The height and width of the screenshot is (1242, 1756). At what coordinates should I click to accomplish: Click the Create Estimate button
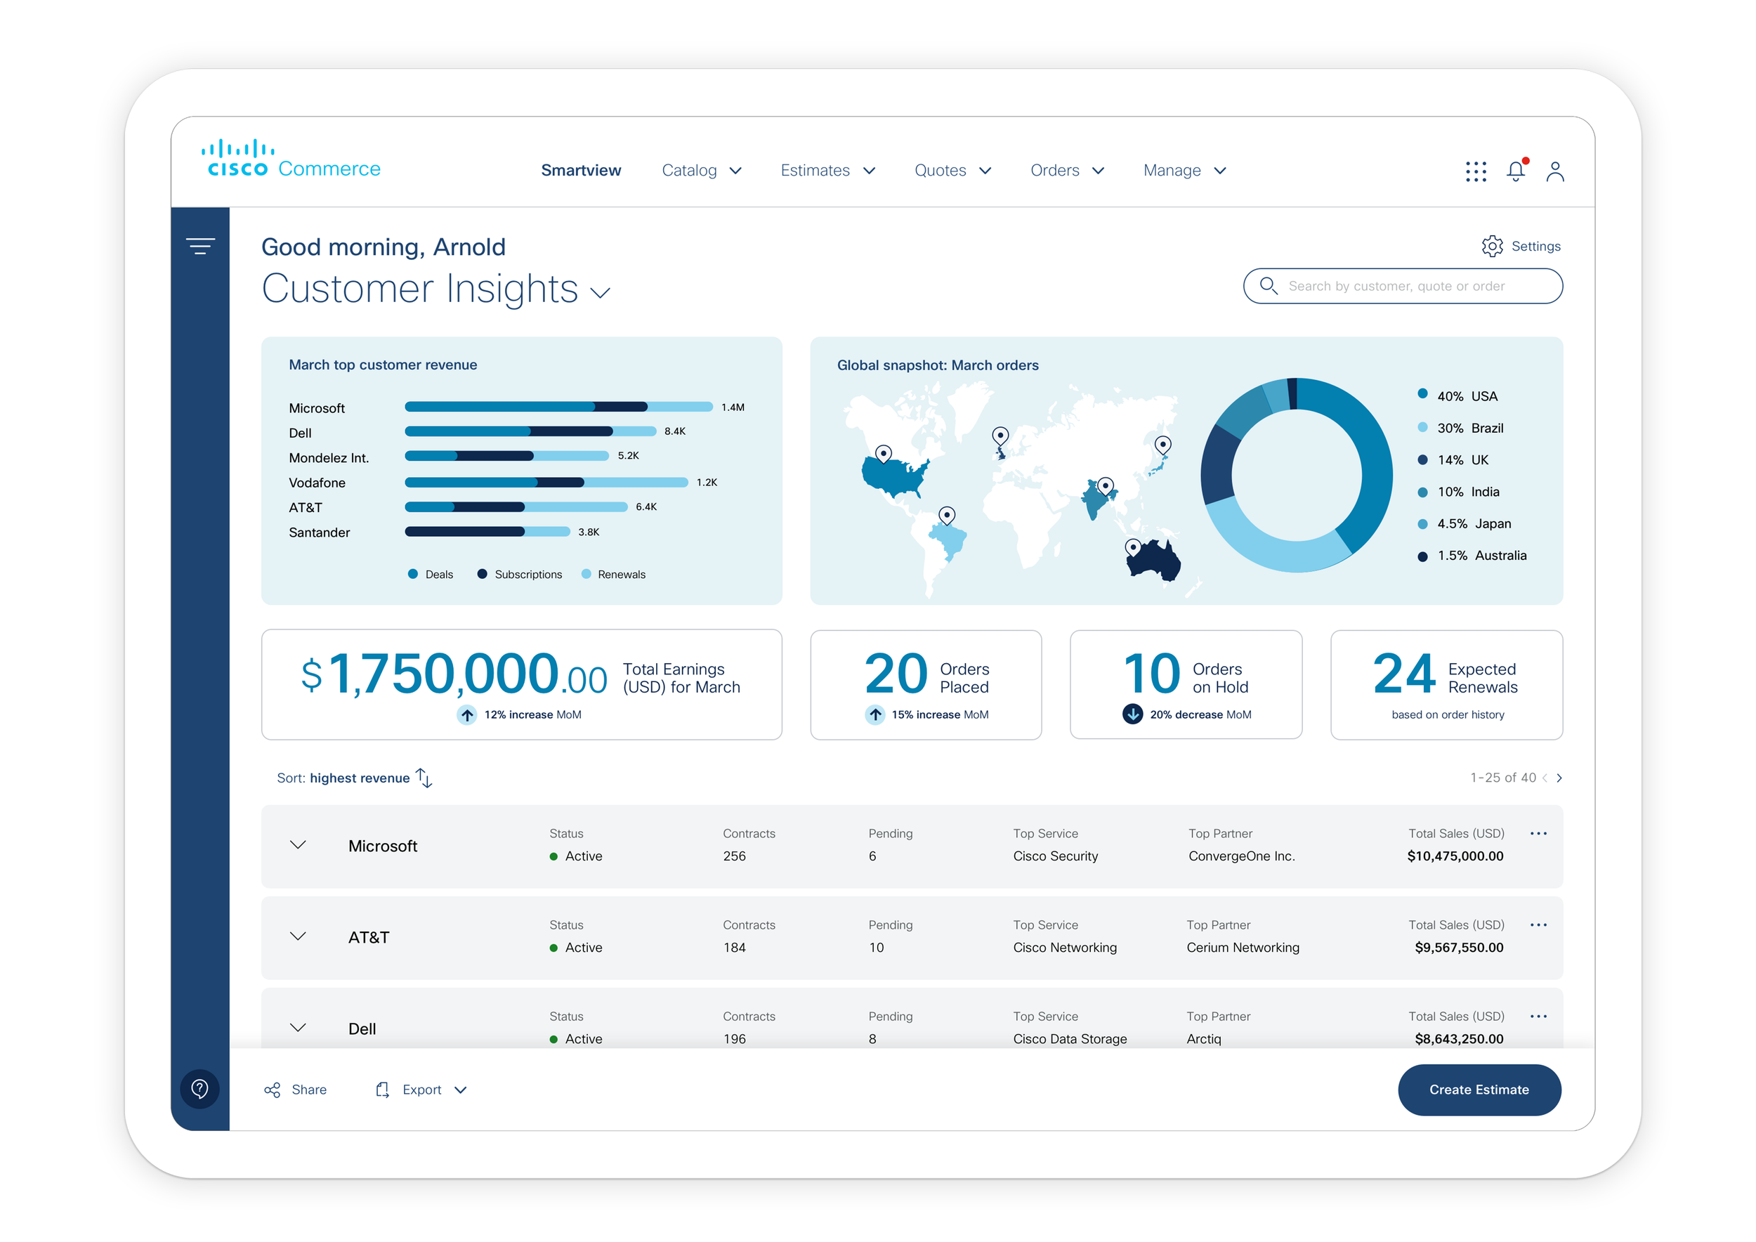(x=1479, y=1089)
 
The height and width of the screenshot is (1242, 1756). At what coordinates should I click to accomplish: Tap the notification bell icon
(x=1515, y=171)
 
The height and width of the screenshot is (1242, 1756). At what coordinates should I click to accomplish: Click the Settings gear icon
(x=1491, y=247)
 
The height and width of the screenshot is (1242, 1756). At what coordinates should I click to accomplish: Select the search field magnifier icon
(x=1268, y=286)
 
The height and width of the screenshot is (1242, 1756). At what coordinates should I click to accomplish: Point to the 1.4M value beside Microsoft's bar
(x=733, y=407)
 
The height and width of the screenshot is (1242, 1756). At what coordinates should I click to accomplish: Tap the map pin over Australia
(x=1134, y=547)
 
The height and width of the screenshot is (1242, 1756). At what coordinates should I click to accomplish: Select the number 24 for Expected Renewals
(x=1403, y=674)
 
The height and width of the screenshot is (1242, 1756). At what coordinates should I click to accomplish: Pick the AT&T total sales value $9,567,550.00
(x=1458, y=948)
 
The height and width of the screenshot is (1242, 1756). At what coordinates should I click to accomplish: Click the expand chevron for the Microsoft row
(x=299, y=845)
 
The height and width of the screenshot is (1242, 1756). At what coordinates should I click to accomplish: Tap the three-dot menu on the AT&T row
(x=1538, y=924)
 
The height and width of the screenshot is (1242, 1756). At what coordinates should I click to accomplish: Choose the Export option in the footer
(x=421, y=1090)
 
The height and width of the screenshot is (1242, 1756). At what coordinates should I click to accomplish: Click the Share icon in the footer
(x=273, y=1090)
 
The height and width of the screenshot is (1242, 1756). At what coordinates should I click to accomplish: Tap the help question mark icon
(x=199, y=1088)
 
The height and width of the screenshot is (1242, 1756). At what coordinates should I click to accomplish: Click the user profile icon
(x=1555, y=171)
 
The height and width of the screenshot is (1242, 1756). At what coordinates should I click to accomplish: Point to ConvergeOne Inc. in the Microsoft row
(x=1241, y=856)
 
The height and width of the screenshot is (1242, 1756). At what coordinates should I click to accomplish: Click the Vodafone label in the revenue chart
(x=317, y=483)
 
